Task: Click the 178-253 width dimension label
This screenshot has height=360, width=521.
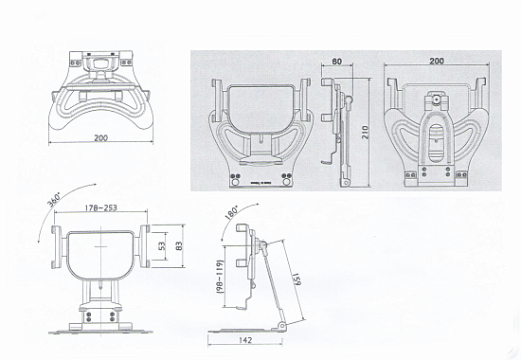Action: (x=100, y=207)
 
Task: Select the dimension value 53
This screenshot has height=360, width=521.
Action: (x=162, y=246)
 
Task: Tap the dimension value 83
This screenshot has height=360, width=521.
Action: (x=179, y=246)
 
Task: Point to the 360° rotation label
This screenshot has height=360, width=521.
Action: (x=53, y=201)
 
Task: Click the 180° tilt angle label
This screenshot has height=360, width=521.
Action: (x=231, y=213)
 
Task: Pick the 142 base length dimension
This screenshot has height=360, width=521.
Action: (x=245, y=340)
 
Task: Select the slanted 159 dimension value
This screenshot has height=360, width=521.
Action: (x=296, y=279)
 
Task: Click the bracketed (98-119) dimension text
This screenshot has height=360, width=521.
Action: (x=220, y=277)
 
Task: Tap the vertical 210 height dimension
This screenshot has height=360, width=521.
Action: (x=365, y=133)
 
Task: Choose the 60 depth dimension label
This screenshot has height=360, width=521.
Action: (x=337, y=62)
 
